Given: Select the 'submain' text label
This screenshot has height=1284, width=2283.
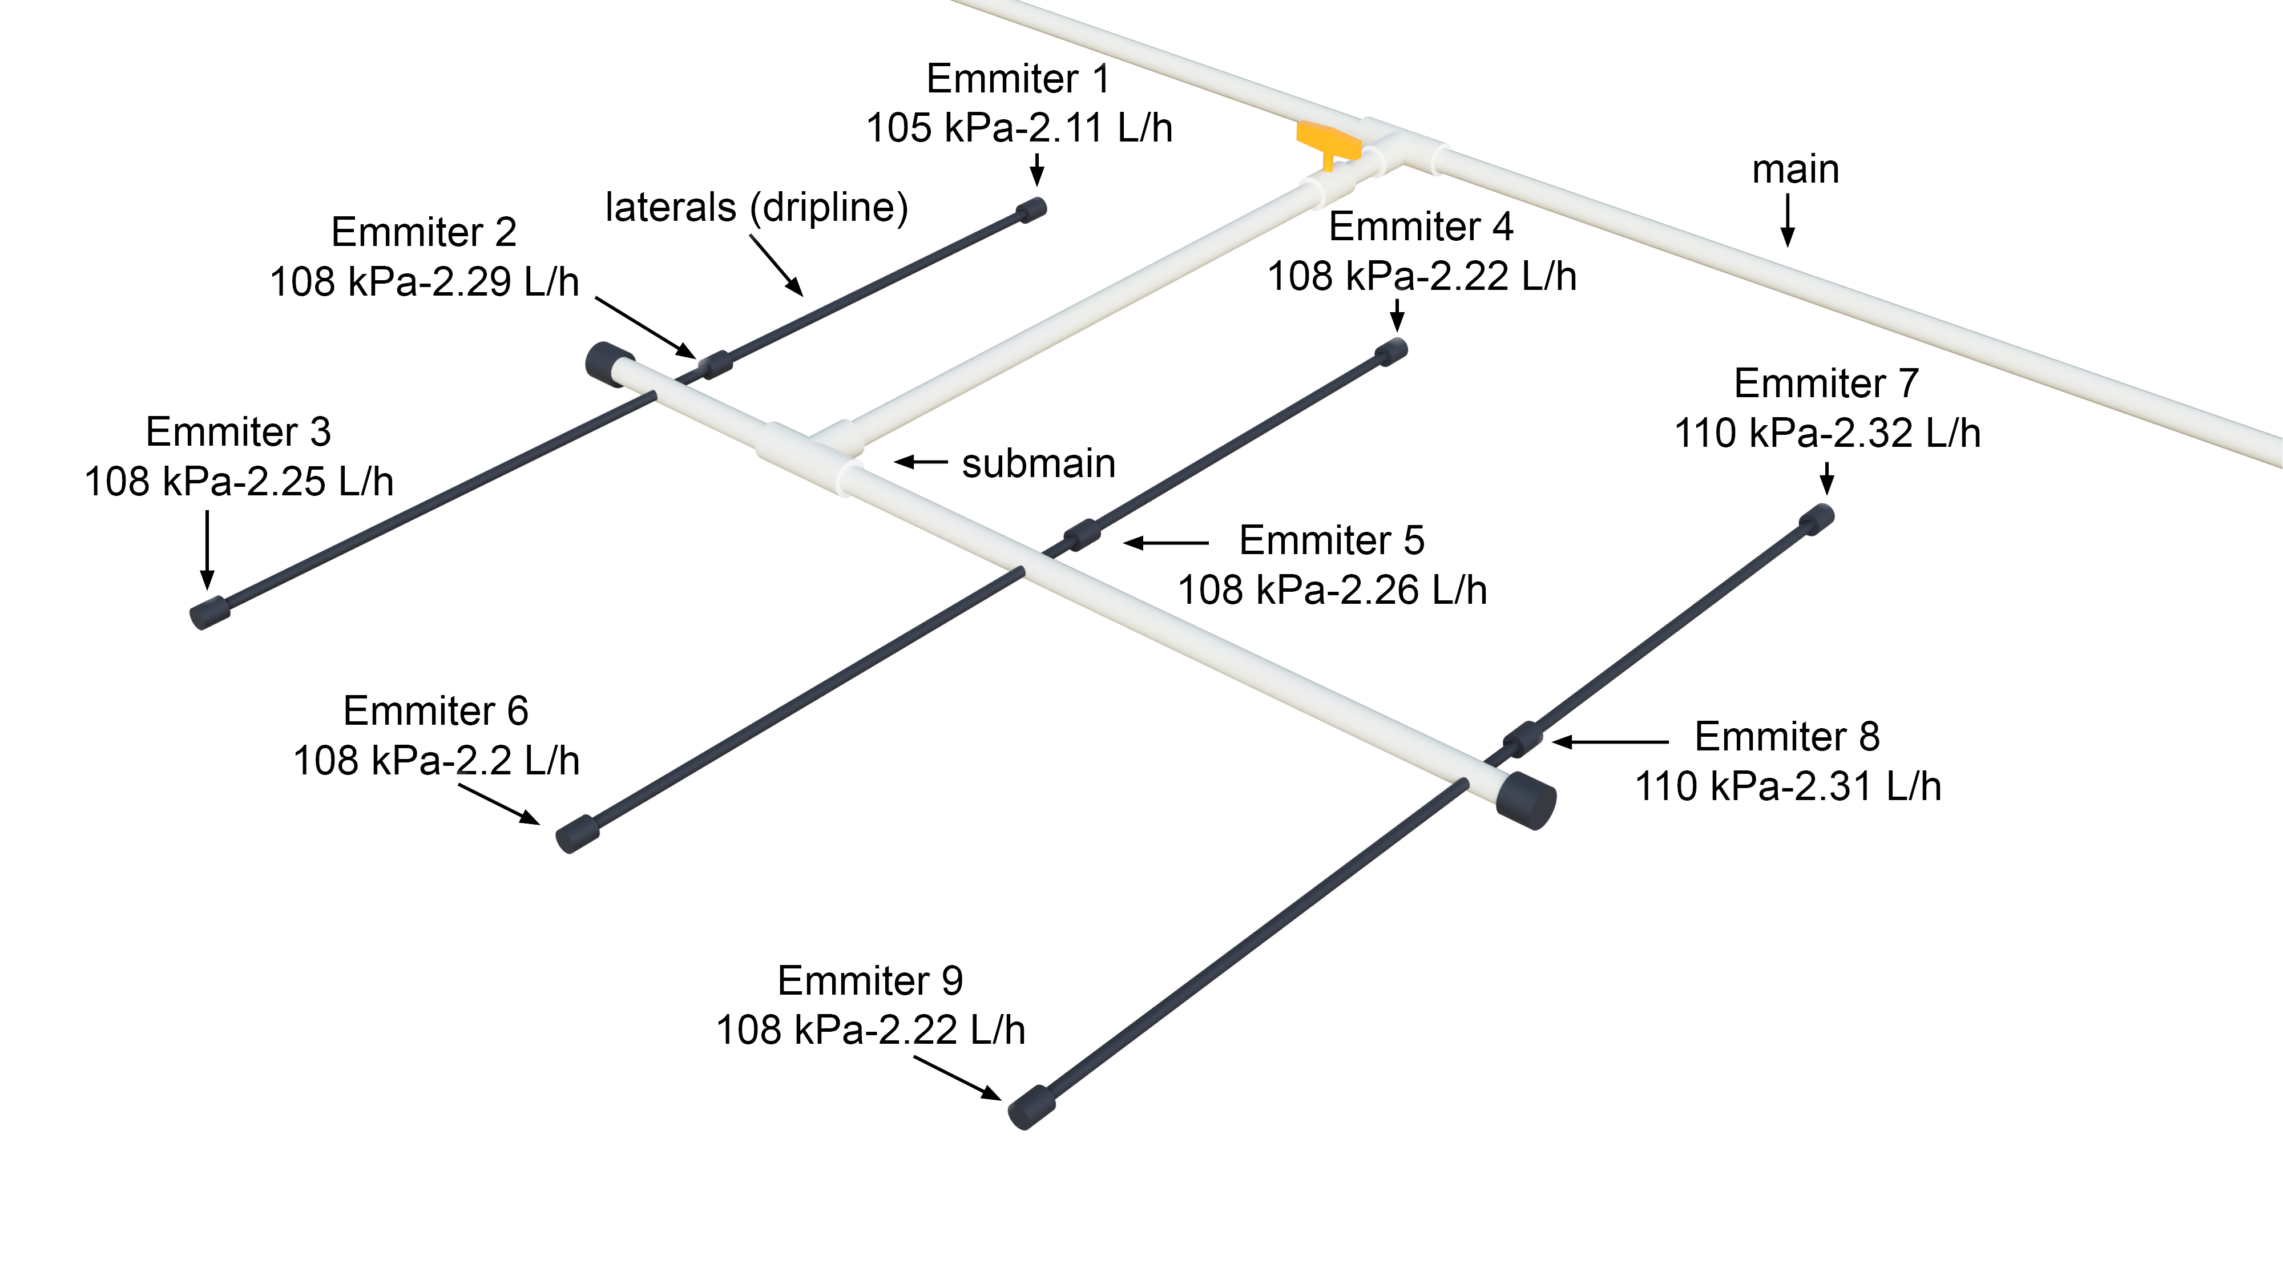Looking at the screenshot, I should (1039, 463).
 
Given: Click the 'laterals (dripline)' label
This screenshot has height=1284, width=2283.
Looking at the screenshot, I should (757, 207).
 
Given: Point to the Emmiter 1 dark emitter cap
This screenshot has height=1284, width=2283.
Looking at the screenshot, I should (1031, 210).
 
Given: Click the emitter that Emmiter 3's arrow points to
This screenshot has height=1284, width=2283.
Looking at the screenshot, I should (210, 612).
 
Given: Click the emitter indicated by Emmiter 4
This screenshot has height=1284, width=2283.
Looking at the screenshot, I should (1391, 351).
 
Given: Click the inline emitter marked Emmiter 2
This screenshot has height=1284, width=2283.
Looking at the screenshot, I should (715, 364).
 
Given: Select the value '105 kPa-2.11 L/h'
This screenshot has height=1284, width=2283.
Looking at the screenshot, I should (1019, 128).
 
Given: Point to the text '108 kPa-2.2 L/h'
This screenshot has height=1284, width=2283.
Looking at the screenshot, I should (436, 760).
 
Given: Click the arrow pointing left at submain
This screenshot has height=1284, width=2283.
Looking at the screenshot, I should (920, 462).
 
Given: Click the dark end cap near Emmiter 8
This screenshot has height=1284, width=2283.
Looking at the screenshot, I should (1526, 800).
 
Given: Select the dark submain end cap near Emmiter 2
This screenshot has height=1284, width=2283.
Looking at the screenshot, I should (606, 364).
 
